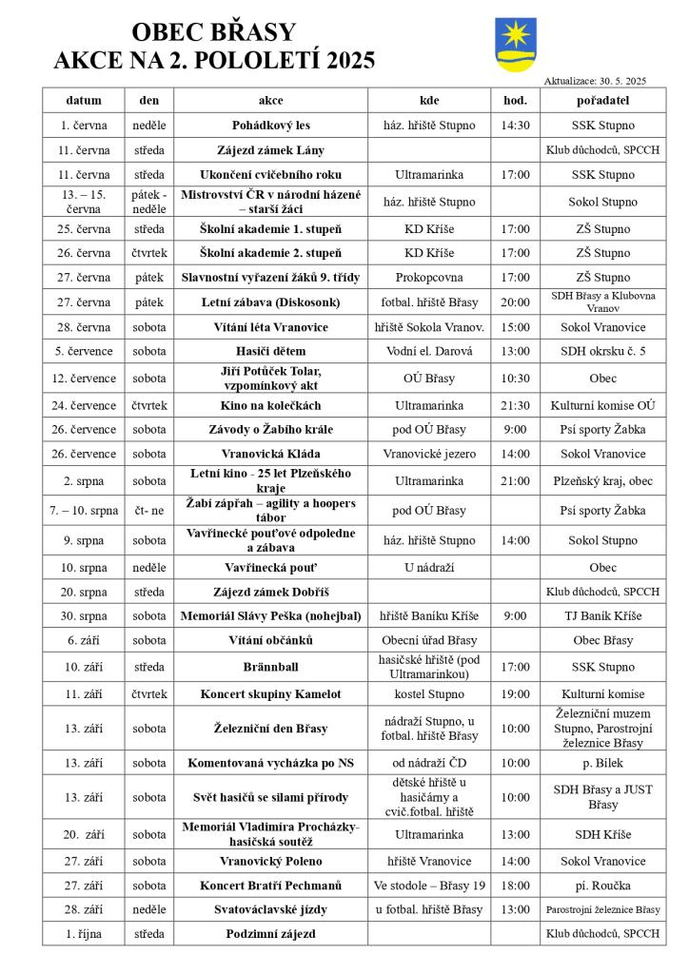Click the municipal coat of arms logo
pyautogui.click(x=516, y=45)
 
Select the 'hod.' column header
pyautogui.click(x=515, y=100)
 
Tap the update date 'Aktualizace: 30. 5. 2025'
pyautogui.click(x=595, y=81)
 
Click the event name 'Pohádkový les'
pyautogui.click(x=271, y=125)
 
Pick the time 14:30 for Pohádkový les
pyautogui.click(x=515, y=125)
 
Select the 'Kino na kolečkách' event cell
pyautogui.click(x=271, y=405)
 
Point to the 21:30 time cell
pyautogui.click(x=515, y=405)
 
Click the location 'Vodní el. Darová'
pyautogui.click(x=428, y=350)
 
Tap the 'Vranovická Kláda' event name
pyautogui.click(x=271, y=454)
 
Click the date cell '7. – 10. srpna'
pyautogui.click(x=84, y=510)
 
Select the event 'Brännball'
pyautogui.click(x=271, y=666)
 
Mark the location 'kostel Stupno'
pyautogui.click(x=428, y=694)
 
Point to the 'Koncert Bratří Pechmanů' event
pyautogui.click(x=271, y=885)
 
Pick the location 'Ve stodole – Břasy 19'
pyautogui.click(x=428, y=885)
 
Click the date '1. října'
pyautogui.click(x=84, y=933)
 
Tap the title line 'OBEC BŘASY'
pyautogui.click(x=213, y=33)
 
